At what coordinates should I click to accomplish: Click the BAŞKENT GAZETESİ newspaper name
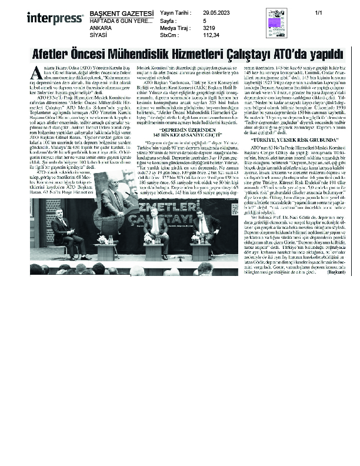tap(121, 12)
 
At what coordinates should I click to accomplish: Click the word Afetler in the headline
tap(52, 54)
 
